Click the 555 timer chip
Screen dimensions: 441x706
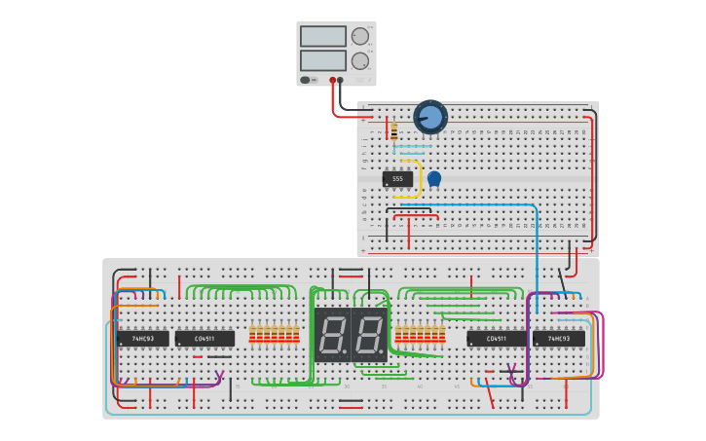point(397,179)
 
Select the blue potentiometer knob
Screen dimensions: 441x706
point(430,117)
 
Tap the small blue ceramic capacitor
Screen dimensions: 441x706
point(434,178)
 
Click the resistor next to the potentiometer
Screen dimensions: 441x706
point(393,130)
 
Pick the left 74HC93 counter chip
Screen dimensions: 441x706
point(143,339)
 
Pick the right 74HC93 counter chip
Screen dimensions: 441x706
point(559,339)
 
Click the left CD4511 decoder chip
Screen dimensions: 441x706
point(204,339)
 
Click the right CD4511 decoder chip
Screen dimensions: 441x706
point(497,339)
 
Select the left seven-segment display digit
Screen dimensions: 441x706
point(332,335)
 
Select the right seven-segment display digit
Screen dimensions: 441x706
point(370,335)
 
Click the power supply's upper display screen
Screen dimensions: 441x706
point(323,36)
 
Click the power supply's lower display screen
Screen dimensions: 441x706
point(323,60)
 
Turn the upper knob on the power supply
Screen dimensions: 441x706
point(360,36)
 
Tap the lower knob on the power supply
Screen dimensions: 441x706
point(360,60)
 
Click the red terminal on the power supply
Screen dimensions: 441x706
point(332,80)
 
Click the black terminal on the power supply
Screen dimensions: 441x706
point(340,80)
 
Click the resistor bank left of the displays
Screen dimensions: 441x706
point(274,335)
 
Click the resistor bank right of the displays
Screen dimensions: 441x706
point(420,335)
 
